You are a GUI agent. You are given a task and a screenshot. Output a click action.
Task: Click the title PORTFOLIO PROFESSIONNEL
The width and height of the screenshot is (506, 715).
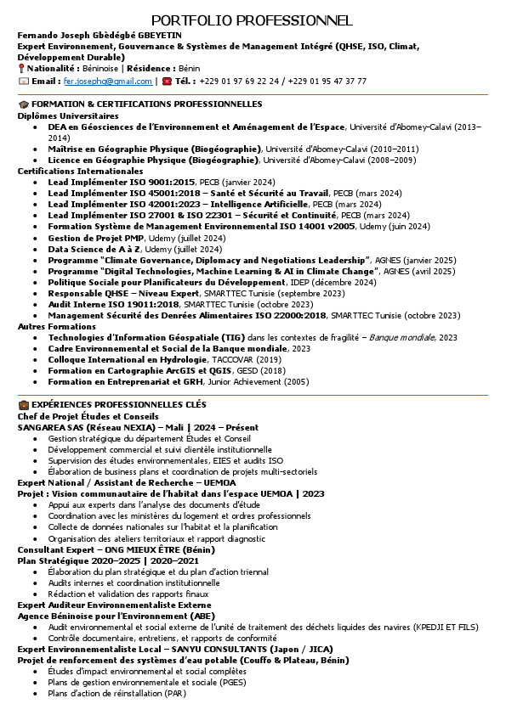[252, 20]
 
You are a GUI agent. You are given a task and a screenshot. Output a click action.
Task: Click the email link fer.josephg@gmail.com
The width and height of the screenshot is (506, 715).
[108, 82]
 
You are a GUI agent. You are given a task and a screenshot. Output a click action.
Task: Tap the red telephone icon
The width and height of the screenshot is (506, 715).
[167, 82]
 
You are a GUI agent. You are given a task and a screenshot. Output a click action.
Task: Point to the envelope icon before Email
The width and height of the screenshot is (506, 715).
[23, 82]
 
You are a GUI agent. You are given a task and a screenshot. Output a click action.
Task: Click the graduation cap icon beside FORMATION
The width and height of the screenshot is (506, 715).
[23, 104]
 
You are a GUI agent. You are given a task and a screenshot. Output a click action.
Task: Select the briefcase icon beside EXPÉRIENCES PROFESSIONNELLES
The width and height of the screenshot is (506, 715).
[23, 404]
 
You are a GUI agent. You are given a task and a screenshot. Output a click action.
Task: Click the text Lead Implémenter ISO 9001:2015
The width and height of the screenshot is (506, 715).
[122, 182]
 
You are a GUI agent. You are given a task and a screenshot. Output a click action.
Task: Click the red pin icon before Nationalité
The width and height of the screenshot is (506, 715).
[22, 68]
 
